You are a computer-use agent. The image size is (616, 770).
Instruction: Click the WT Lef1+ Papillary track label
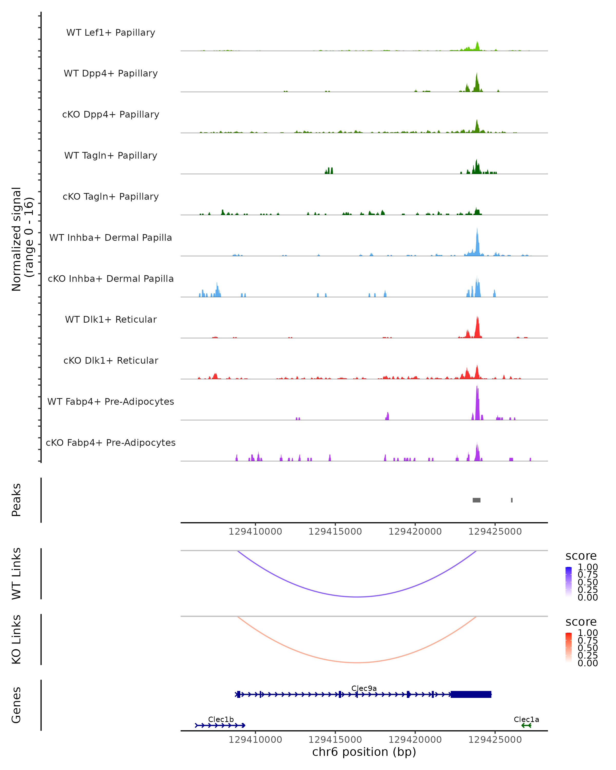click(111, 33)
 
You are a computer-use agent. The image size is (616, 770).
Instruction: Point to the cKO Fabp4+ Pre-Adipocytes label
click(111, 442)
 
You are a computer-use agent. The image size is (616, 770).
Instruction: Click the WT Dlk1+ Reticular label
click(111, 319)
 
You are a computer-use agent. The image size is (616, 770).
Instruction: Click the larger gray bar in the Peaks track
click(476, 500)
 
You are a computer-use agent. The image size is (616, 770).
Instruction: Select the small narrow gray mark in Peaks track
click(512, 500)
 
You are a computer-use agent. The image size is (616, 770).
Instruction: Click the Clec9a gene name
click(364, 688)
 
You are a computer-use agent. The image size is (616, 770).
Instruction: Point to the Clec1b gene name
click(221, 719)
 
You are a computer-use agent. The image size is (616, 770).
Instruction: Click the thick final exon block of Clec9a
click(471, 694)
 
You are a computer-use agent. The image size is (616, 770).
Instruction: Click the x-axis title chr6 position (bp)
click(364, 752)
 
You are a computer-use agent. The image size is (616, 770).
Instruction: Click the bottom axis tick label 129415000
click(335, 739)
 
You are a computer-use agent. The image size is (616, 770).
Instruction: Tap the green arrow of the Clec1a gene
click(526, 725)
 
